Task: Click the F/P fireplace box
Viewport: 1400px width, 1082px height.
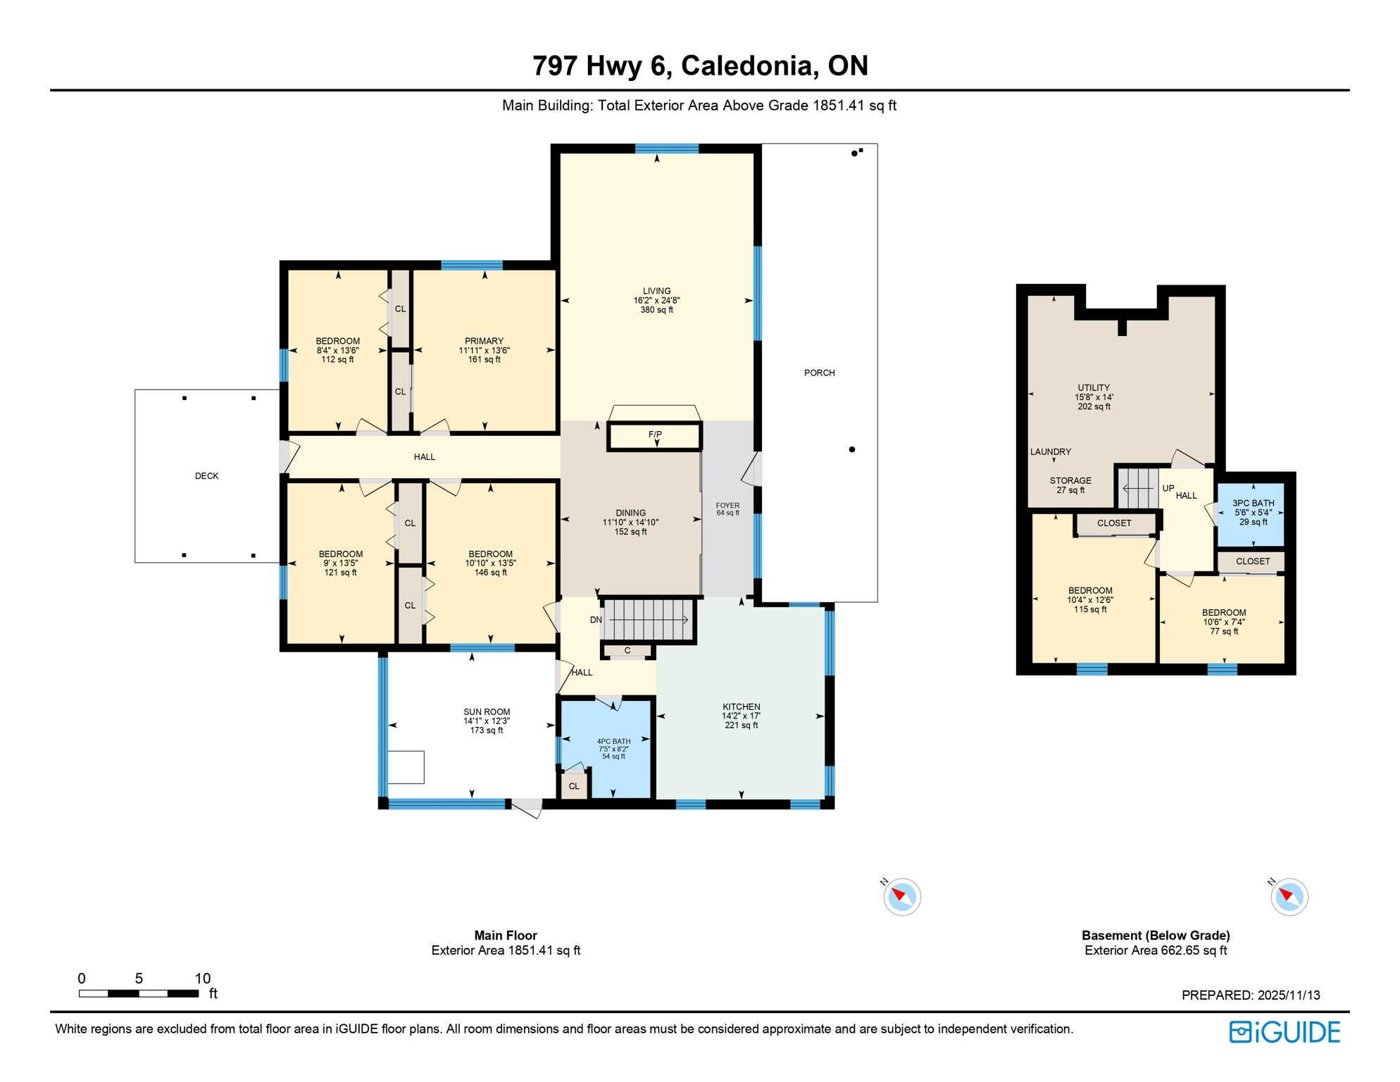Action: tap(655, 436)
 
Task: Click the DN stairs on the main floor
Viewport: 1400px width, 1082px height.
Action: tap(648, 620)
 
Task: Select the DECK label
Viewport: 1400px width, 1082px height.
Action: tap(206, 476)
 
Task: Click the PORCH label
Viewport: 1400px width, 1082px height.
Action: tap(819, 373)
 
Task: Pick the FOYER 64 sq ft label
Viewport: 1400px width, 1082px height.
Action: tap(727, 509)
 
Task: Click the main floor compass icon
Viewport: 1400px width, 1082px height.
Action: tap(901, 897)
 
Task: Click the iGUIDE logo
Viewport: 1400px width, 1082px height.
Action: tap(1285, 1032)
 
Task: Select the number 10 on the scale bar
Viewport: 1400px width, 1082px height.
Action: tap(203, 978)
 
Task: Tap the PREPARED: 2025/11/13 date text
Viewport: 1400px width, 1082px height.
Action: tap(1250, 995)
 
